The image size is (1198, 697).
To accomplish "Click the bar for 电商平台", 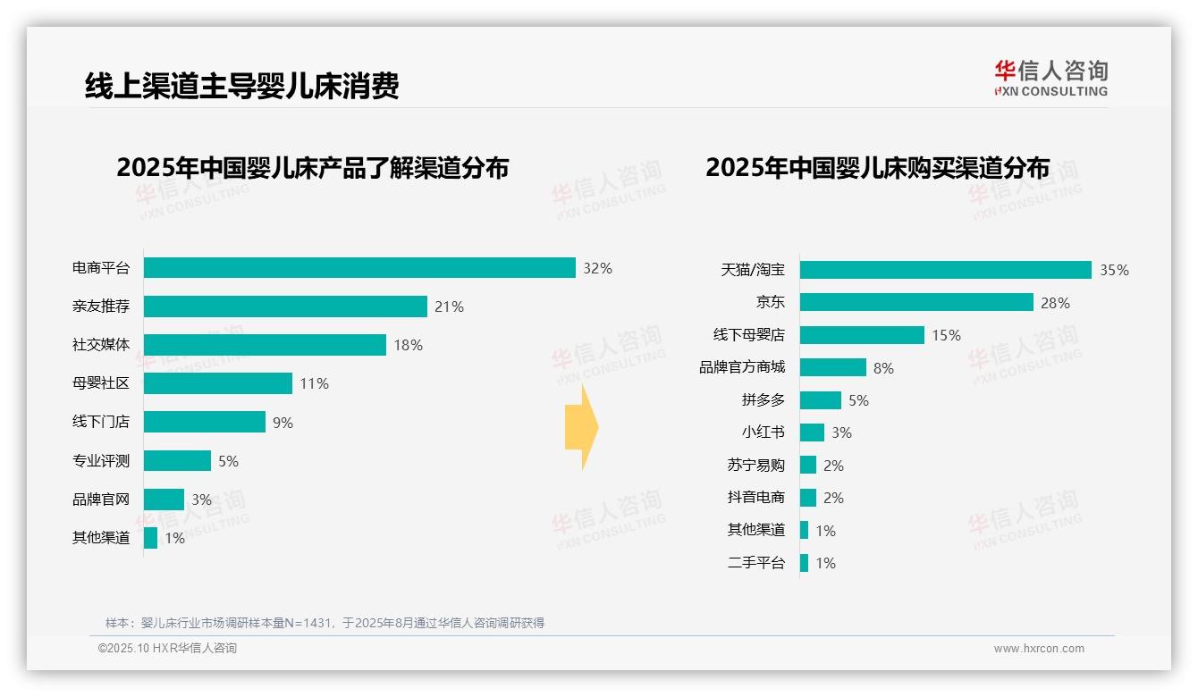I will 359,268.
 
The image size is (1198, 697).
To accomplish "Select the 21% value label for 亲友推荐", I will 449,307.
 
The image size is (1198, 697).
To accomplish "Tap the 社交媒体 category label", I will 101,345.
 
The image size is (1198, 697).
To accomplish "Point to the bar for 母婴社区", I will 218,383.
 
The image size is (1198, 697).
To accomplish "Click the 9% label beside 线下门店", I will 283,423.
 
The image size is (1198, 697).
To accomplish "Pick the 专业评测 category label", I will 101,461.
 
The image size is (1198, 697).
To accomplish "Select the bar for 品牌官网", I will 164,500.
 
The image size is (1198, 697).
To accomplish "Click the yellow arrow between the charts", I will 582,427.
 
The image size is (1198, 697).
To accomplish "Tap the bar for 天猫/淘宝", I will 945,270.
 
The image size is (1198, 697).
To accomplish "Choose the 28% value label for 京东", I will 1055,303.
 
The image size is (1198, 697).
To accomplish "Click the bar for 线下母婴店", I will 862,335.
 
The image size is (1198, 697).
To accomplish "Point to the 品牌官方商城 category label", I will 742,367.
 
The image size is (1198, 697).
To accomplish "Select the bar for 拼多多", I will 821,400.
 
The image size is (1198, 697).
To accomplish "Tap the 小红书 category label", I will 763,432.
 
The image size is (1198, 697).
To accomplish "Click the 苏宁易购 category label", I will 755,465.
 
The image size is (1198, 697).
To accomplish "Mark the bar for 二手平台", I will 805,563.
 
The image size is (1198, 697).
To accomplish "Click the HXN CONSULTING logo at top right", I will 1050,79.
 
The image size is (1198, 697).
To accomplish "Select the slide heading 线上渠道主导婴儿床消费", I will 241,86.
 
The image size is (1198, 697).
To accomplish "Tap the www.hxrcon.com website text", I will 1039,649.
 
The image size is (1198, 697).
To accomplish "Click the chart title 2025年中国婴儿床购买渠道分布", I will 877,168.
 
